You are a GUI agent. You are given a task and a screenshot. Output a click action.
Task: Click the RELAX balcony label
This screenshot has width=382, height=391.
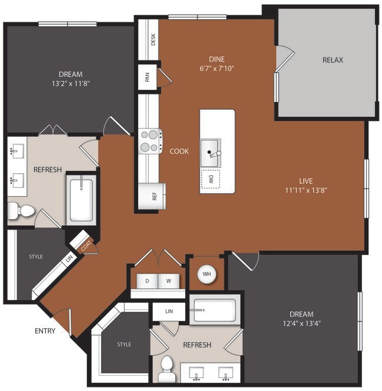pos(332,60)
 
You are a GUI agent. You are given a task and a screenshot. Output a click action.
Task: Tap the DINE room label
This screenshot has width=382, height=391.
pos(217,59)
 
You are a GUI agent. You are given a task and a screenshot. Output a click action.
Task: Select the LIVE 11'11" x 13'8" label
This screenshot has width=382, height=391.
pos(305,186)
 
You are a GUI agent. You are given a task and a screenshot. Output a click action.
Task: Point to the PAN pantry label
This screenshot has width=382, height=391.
pos(146,77)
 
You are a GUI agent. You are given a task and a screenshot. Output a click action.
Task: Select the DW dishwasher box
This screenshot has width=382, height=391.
pos(210,180)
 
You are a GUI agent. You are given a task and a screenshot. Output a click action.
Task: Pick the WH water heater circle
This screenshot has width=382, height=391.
pos(206,273)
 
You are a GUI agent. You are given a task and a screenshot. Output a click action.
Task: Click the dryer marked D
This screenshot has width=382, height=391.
pos(147,281)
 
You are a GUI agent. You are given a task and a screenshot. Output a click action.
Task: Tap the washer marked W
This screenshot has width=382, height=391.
pos(168,281)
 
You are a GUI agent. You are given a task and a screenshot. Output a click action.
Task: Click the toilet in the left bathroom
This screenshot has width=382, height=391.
pos(19,210)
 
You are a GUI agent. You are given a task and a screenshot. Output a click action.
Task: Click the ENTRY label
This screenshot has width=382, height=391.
pos(45,331)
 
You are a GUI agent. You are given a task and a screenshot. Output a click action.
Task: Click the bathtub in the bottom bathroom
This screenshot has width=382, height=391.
pos(213,310)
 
